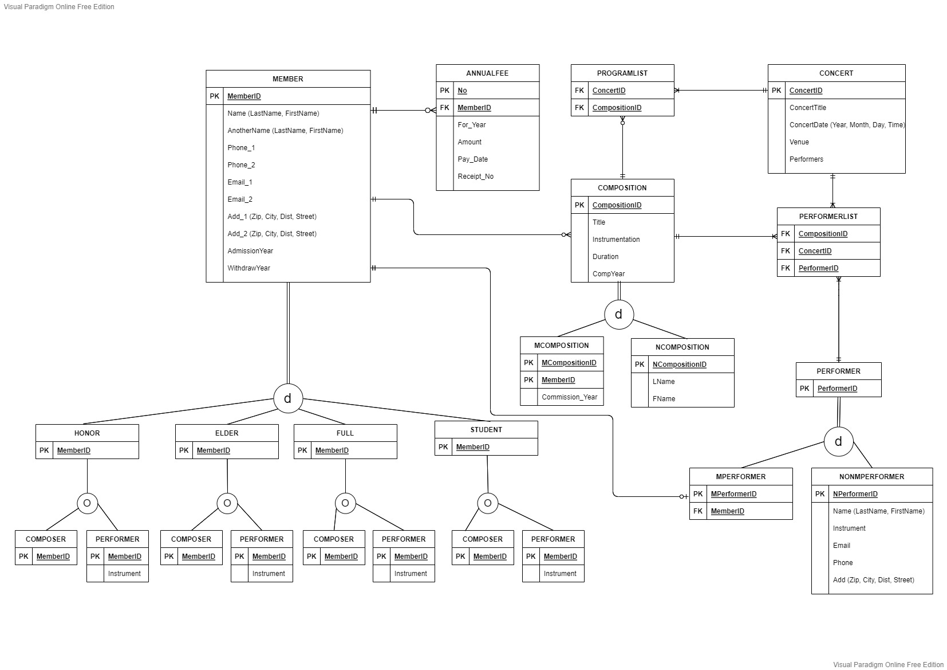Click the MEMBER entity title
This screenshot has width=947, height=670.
tap(287, 79)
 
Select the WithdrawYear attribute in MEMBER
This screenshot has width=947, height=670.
tap(248, 268)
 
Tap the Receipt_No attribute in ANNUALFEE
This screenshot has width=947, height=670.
tap(475, 177)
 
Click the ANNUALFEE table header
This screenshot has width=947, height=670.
tap(487, 73)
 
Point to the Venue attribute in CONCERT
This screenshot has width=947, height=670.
tap(799, 142)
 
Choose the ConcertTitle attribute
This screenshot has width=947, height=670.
tap(807, 108)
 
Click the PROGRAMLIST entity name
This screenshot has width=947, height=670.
tap(622, 73)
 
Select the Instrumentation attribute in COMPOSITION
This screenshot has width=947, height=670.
tap(615, 240)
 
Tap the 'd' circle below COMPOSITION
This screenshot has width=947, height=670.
tap(618, 315)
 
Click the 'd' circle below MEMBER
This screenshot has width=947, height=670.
tap(288, 398)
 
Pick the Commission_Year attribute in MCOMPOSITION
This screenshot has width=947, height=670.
tap(569, 397)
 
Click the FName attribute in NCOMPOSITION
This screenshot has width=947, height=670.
tap(664, 399)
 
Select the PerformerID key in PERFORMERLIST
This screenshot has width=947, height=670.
tap(818, 268)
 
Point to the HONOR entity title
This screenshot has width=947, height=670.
tap(87, 433)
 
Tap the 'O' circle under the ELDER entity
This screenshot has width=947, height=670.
tap(227, 503)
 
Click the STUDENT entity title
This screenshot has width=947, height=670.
tap(486, 430)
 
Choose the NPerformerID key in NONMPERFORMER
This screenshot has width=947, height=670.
tap(855, 494)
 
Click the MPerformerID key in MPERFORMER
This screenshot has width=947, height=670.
tap(733, 494)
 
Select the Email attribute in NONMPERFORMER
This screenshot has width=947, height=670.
tap(841, 546)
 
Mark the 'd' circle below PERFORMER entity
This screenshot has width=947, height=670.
tap(838, 441)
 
